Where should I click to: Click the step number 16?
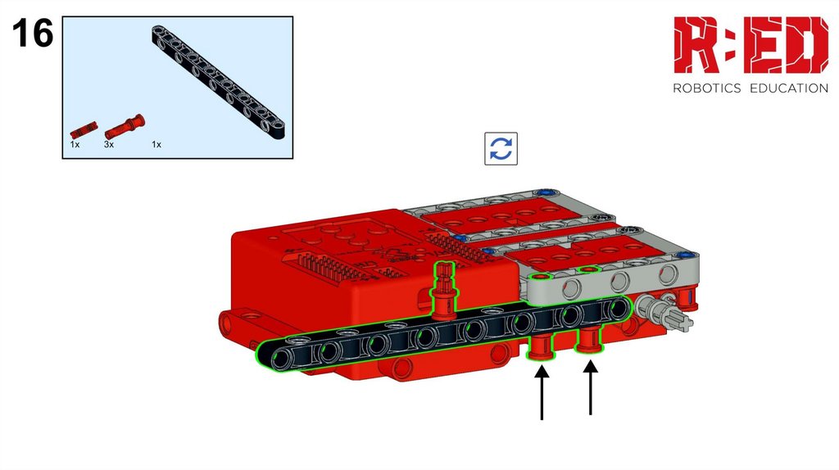point(33,33)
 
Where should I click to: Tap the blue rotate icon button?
point(501,149)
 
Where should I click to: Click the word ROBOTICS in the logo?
point(706,88)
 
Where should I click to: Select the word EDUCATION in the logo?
point(789,88)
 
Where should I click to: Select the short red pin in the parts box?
point(84,130)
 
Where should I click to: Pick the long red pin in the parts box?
point(125,127)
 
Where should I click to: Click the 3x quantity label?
point(109,144)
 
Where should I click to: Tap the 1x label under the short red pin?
point(75,144)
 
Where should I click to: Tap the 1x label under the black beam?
point(156,144)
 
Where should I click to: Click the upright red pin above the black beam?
point(444,291)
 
